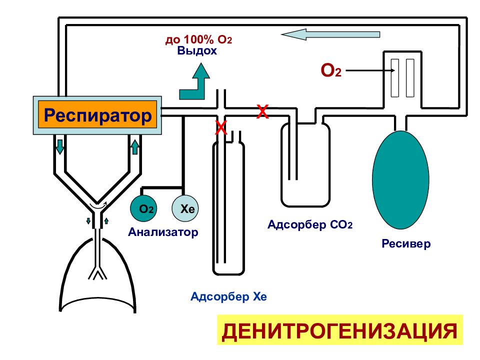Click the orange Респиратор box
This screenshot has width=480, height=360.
[x=97, y=115]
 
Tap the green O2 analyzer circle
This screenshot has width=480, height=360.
[x=143, y=208]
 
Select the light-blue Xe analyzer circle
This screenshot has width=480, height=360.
[x=185, y=208]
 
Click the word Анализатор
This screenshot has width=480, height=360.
[x=163, y=232]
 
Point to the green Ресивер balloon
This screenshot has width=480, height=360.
[x=400, y=179]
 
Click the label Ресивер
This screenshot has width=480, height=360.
[x=406, y=243]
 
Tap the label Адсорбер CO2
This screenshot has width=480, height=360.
[x=310, y=225]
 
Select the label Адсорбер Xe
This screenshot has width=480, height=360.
[x=228, y=296]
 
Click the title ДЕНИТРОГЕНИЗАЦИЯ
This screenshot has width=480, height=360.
[x=340, y=330]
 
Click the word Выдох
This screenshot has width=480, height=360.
[x=197, y=50]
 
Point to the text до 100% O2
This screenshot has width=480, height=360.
[x=198, y=39]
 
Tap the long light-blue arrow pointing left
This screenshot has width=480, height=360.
[x=330, y=34]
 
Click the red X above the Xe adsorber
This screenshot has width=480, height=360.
[x=221, y=127]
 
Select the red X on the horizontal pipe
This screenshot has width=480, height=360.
[x=262, y=111]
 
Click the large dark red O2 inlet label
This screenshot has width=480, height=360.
[x=331, y=70]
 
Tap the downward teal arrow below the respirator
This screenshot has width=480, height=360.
[x=60, y=146]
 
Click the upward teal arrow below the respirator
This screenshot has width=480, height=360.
[x=134, y=146]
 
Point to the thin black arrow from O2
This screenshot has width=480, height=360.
[x=370, y=70]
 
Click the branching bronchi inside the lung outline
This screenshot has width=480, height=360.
[x=97, y=272]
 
